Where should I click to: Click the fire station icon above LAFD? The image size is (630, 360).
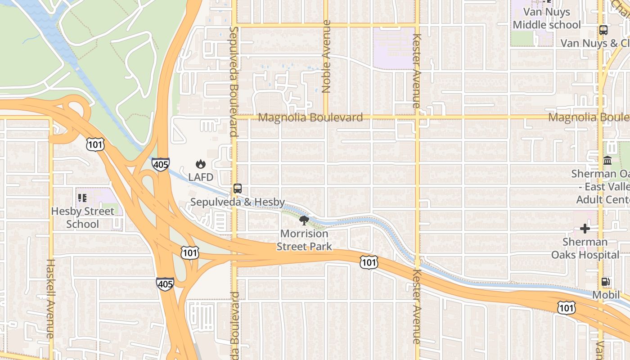tap(201, 164)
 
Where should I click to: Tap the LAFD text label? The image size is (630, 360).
tap(201, 177)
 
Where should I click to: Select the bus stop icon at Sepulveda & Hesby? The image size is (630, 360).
tap(238, 189)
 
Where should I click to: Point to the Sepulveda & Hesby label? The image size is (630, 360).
tap(238, 202)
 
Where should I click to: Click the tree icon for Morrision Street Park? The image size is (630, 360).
tap(304, 220)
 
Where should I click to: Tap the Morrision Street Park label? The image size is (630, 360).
tap(304, 240)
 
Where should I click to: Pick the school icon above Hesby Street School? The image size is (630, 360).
tap(82, 198)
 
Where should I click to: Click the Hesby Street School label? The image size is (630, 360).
tap(82, 217)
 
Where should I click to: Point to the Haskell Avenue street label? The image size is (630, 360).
tap(50, 298)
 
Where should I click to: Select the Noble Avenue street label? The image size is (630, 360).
tap(327, 56)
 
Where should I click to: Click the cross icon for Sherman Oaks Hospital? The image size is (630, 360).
tap(585, 229)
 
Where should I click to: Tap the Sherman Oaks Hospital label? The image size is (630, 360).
tap(585, 248)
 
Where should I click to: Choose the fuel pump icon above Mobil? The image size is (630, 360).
tap(606, 282)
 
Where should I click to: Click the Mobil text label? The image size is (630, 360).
tap(606, 295)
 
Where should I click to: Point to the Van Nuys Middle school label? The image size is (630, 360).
tap(547, 18)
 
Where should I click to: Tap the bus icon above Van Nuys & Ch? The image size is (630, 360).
tap(603, 31)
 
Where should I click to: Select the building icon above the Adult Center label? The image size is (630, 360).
tap(607, 161)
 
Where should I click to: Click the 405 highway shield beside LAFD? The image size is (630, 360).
tap(161, 164)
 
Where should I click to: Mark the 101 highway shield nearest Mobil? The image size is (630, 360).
tap(566, 308)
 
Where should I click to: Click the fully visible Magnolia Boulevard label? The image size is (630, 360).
tap(310, 118)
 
